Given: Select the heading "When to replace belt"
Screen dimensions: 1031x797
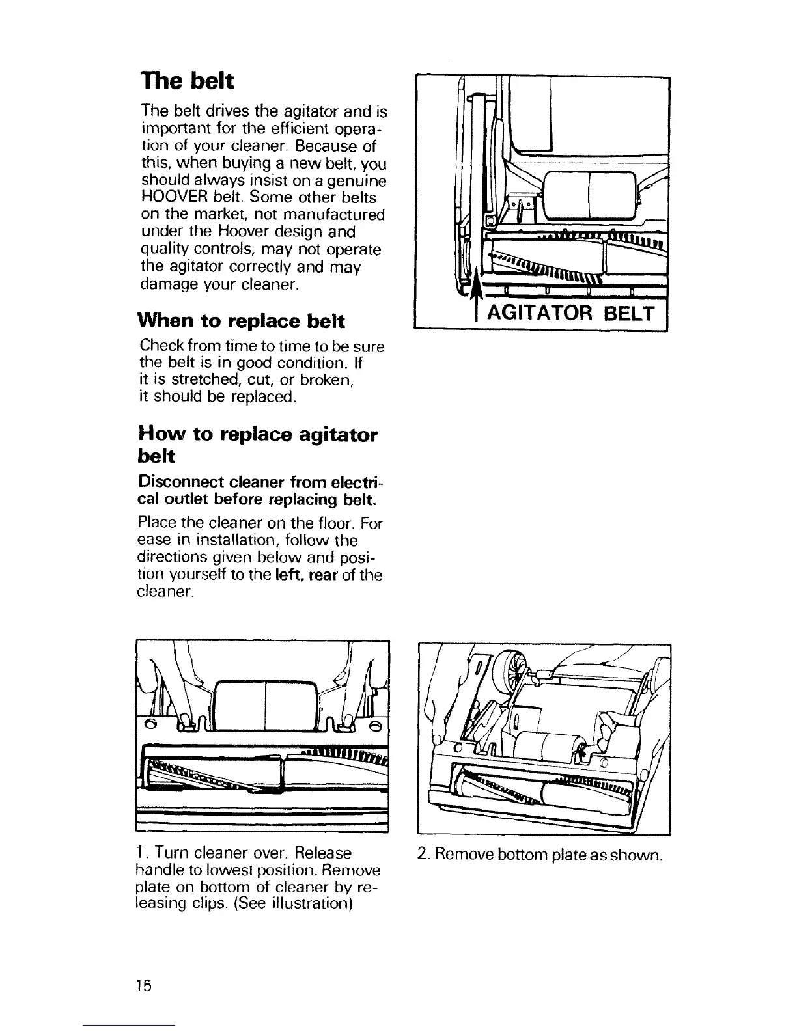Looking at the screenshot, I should pos(241,321).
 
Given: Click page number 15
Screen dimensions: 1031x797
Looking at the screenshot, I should pos(144,985).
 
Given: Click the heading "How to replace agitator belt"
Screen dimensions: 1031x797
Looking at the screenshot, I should pos(257,445).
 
